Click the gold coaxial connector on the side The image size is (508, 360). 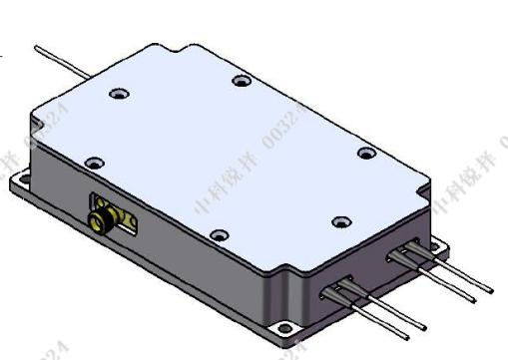pyautogui.click(x=100, y=214)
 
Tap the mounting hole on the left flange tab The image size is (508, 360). pyautogui.click(x=21, y=182)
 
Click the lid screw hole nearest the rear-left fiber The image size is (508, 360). pyautogui.click(x=118, y=95)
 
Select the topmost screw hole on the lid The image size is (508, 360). pyautogui.click(x=238, y=81)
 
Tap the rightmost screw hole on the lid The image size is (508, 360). pyautogui.click(x=365, y=153)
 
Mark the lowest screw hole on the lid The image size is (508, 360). pyautogui.click(x=220, y=235)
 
